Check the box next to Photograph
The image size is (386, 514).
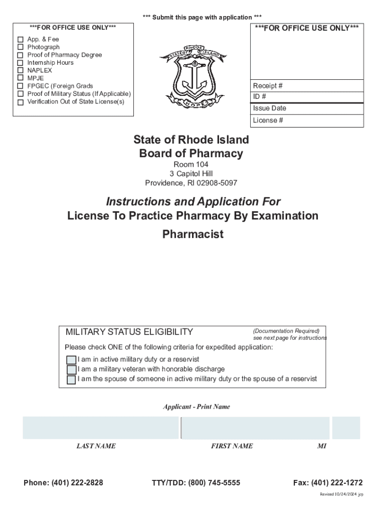pyautogui.click(x=21, y=47)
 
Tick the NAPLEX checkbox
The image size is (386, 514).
pyautogui.click(x=21, y=70)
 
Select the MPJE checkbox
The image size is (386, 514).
pyautogui.click(x=21, y=78)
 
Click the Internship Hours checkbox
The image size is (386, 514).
pyautogui.click(x=21, y=63)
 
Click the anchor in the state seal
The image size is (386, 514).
pyautogui.click(x=188, y=78)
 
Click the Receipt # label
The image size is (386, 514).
pyautogui.click(x=267, y=86)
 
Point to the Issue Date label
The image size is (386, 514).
pyautogui.click(x=270, y=108)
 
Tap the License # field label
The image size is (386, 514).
pyautogui.click(x=268, y=120)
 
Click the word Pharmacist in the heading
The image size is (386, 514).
pyautogui.click(x=193, y=234)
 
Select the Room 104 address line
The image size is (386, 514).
pyautogui.click(x=191, y=165)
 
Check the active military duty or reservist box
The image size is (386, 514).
pyautogui.click(x=71, y=360)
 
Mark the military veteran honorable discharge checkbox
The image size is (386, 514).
pyautogui.click(x=71, y=369)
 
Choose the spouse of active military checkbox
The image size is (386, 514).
pyautogui.click(x=71, y=379)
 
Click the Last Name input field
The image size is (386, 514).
pyautogui.click(x=100, y=428)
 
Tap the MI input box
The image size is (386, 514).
pyautogui.click(x=346, y=428)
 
